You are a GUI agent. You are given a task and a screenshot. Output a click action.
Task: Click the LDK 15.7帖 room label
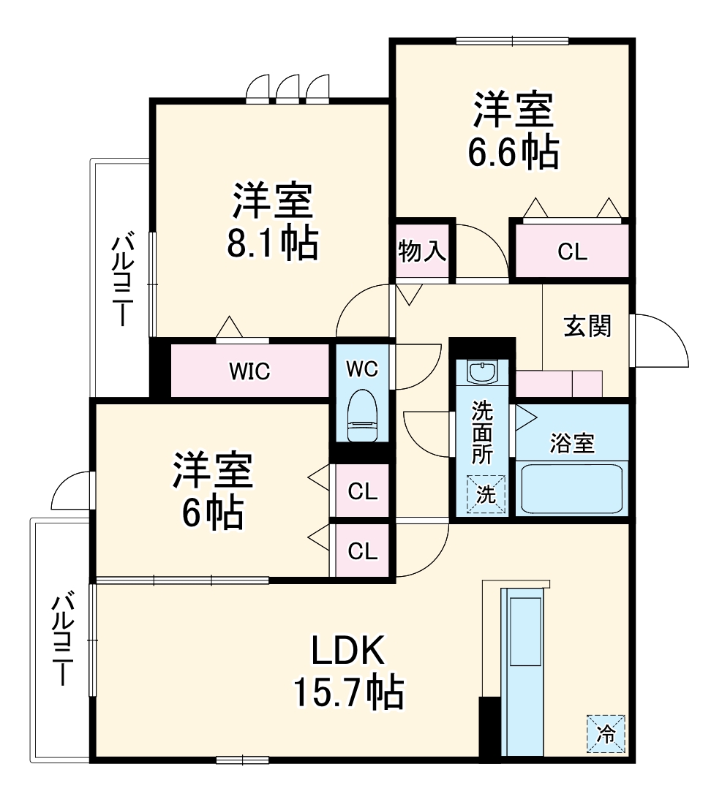(347, 670)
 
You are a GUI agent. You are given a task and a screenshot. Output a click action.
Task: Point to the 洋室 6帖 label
(212, 491)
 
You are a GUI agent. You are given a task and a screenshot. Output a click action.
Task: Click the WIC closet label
(249, 371)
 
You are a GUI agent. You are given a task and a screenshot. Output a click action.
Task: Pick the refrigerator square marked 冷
(606, 733)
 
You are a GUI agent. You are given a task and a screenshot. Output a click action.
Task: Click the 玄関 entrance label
(587, 326)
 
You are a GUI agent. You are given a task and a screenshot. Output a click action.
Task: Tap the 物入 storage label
(422, 251)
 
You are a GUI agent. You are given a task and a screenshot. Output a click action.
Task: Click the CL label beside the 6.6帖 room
(571, 251)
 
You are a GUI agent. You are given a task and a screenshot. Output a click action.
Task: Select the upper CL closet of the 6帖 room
(362, 492)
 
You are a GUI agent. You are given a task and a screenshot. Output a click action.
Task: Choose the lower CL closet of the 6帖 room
(362, 551)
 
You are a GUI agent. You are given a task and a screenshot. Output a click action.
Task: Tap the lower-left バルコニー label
(61, 638)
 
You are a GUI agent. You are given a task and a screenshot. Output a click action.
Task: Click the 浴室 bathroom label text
(571, 443)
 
